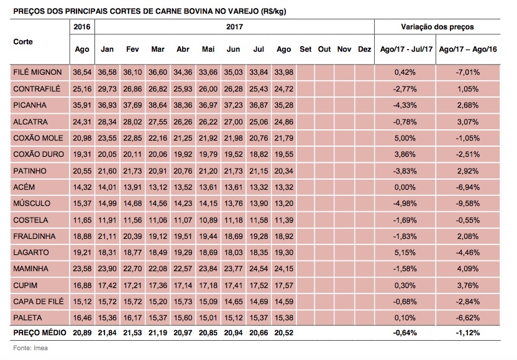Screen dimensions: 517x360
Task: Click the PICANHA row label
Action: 30,105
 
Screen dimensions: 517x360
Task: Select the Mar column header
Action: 158,49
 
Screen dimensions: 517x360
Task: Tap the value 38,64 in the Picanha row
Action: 158,105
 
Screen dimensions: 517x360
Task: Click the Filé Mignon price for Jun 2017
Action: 234,72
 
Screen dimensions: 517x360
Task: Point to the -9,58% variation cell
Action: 468,203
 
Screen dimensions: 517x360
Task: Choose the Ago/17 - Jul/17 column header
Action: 406,49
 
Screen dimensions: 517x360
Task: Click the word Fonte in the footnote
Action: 21,348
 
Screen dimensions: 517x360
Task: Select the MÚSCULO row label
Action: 32,203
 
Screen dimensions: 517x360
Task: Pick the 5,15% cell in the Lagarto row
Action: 405,252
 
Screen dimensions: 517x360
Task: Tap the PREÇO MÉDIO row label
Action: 40,333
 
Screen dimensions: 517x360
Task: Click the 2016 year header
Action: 82,27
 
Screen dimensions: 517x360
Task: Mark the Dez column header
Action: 365,49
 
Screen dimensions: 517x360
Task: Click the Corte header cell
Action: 23,42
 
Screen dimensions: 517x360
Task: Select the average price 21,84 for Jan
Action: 107,333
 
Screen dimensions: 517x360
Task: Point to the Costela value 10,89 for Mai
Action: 208,219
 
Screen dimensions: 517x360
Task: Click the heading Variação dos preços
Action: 437,27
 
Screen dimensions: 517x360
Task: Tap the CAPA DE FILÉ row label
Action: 39,302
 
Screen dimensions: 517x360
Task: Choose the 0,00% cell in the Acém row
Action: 405,187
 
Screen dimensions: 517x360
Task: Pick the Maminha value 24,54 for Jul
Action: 258,269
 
